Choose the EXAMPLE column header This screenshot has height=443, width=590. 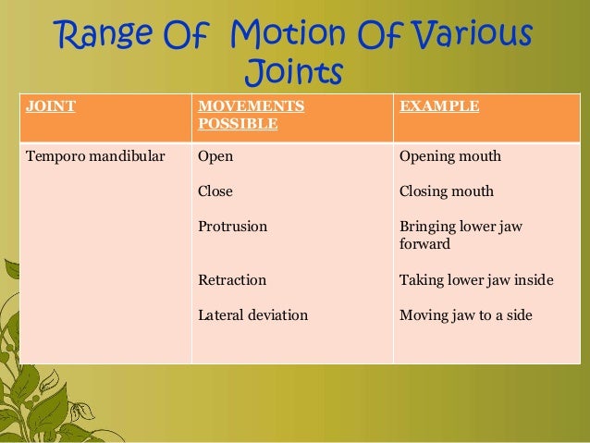click(x=439, y=106)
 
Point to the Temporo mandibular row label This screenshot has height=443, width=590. click(x=91, y=156)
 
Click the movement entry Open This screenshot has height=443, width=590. click(x=215, y=156)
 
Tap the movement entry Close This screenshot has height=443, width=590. click(x=215, y=192)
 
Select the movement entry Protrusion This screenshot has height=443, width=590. click(x=232, y=226)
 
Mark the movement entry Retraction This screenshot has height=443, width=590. click(x=232, y=279)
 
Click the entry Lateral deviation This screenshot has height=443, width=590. click(x=252, y=315)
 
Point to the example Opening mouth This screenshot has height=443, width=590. click(x=449, y=156)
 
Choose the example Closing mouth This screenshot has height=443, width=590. click(x=446, y=192)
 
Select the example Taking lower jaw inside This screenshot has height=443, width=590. click(x=476, y=279)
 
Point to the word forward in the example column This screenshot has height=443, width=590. click(x=424, y=245)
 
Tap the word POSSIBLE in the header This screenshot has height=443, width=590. click(x=238, y=123)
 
